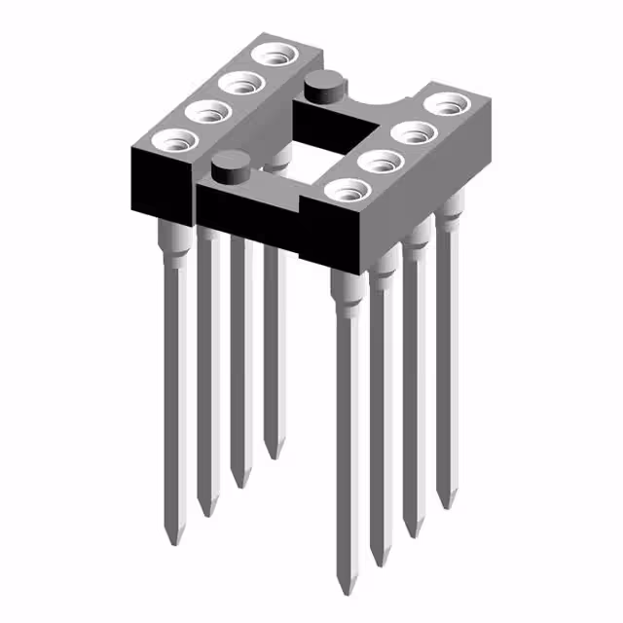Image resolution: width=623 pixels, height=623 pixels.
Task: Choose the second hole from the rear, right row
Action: click(x=413, y=131)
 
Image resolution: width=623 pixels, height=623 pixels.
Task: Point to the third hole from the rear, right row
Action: click(x=381, y=161)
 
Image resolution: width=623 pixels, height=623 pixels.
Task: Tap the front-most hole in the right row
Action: click(x=347, y=191)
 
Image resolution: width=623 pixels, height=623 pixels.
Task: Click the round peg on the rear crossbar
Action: click(x=322, y=90)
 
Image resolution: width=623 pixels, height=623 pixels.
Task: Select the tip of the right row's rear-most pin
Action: click(x=446, y=504)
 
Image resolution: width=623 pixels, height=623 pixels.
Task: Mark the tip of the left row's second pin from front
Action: click(x=205, y=513)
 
